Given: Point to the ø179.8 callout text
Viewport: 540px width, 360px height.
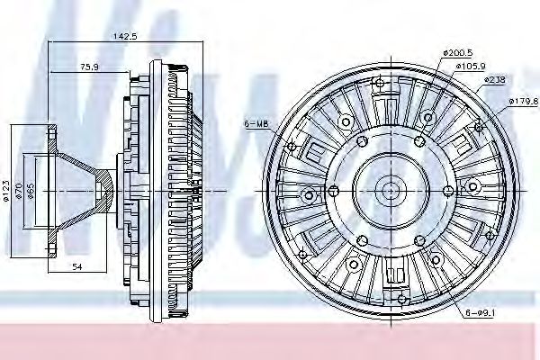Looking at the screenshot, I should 523,101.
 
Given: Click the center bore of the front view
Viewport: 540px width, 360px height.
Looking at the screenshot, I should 390,189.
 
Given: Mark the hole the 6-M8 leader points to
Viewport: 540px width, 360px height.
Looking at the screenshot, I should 290,145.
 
